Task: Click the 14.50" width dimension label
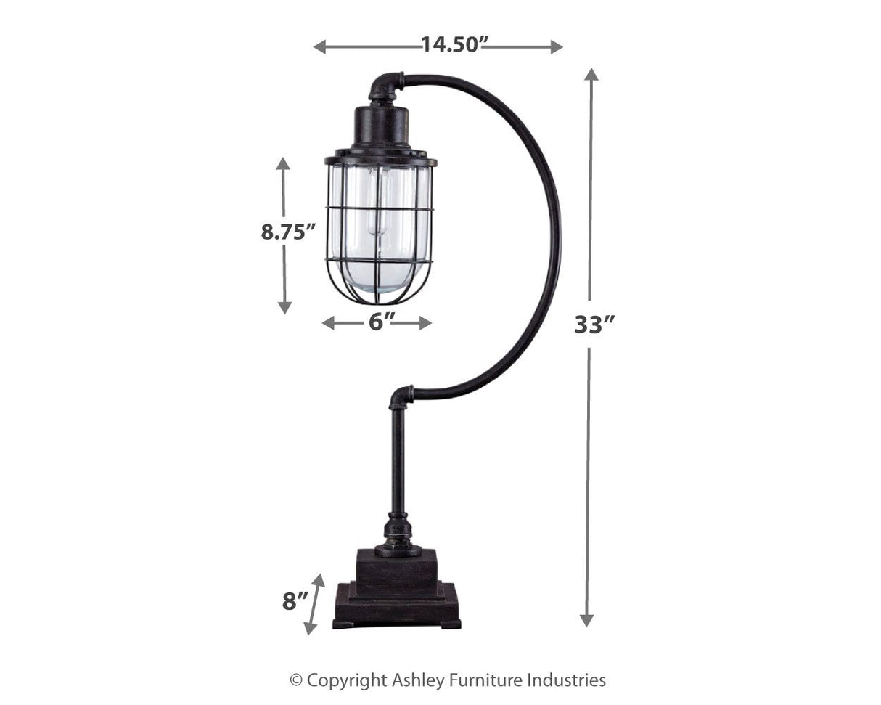click(452, 45)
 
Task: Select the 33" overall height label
click(594, 324)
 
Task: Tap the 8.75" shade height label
click(288, 232)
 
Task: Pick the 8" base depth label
click(295, 600)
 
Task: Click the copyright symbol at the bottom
click(295, 680)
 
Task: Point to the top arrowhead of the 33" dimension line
click(592, 73)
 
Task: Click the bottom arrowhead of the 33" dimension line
click(586, 620)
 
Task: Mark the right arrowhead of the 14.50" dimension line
click(557, 47)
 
